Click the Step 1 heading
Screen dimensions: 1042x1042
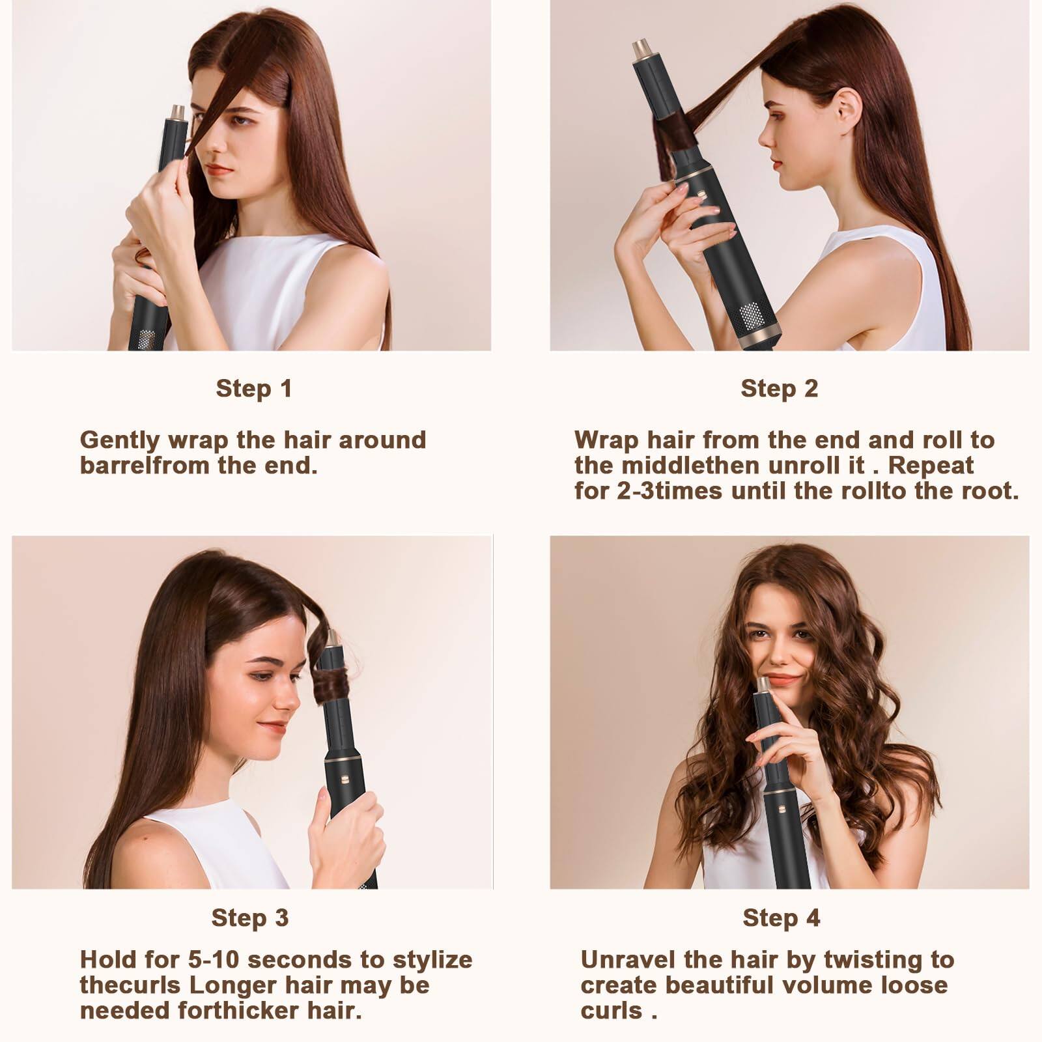[x=254, y=389]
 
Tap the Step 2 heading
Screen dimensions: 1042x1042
[x=779, y=389]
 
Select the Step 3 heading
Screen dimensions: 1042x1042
[x=249, y=918]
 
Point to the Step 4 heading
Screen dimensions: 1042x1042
[x=781, y=918]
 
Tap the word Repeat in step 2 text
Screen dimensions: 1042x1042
[x=935, y=466]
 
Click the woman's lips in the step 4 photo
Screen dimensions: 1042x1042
[x=781, y=679]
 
